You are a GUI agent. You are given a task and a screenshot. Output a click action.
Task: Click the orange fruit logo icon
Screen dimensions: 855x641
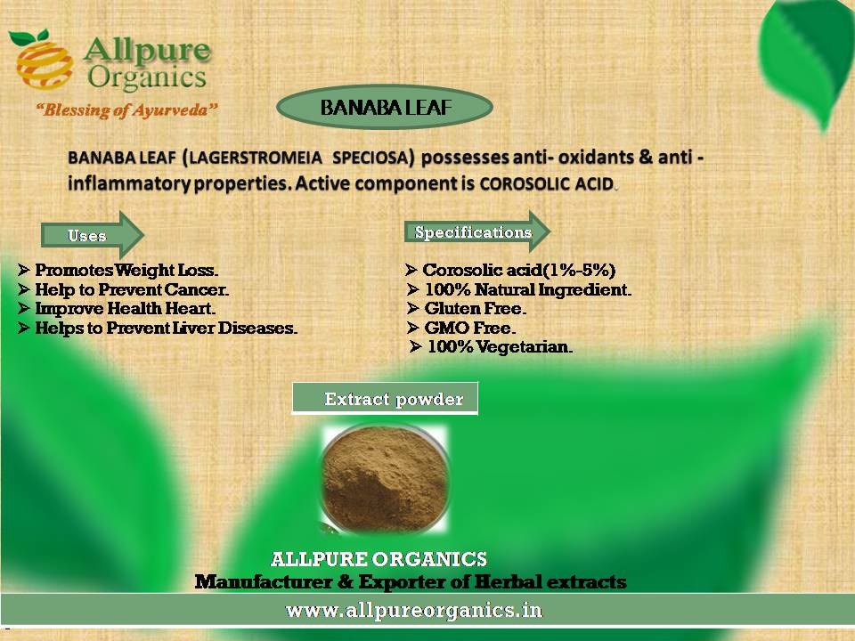pos(44,60)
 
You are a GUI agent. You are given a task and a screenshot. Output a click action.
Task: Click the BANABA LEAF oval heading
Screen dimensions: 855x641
pos(385,107)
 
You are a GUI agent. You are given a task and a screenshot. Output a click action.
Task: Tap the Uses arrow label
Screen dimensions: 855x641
pos(92,235)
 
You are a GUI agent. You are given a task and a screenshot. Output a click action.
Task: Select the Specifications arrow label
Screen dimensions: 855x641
pos(477,231)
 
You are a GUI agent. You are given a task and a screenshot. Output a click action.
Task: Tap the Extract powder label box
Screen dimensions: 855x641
pos(385,399)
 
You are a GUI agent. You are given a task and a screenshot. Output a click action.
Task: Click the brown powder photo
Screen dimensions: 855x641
pos(385,479)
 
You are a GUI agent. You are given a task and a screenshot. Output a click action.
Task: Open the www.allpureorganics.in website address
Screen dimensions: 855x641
pos(414,609)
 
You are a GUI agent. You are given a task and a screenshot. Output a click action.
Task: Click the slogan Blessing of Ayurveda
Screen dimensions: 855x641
pos(126,110)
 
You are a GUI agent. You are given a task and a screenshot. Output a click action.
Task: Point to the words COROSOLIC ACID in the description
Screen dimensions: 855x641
pos(547,183)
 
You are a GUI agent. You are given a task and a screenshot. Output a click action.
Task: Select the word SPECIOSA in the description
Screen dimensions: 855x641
pos(370,158)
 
